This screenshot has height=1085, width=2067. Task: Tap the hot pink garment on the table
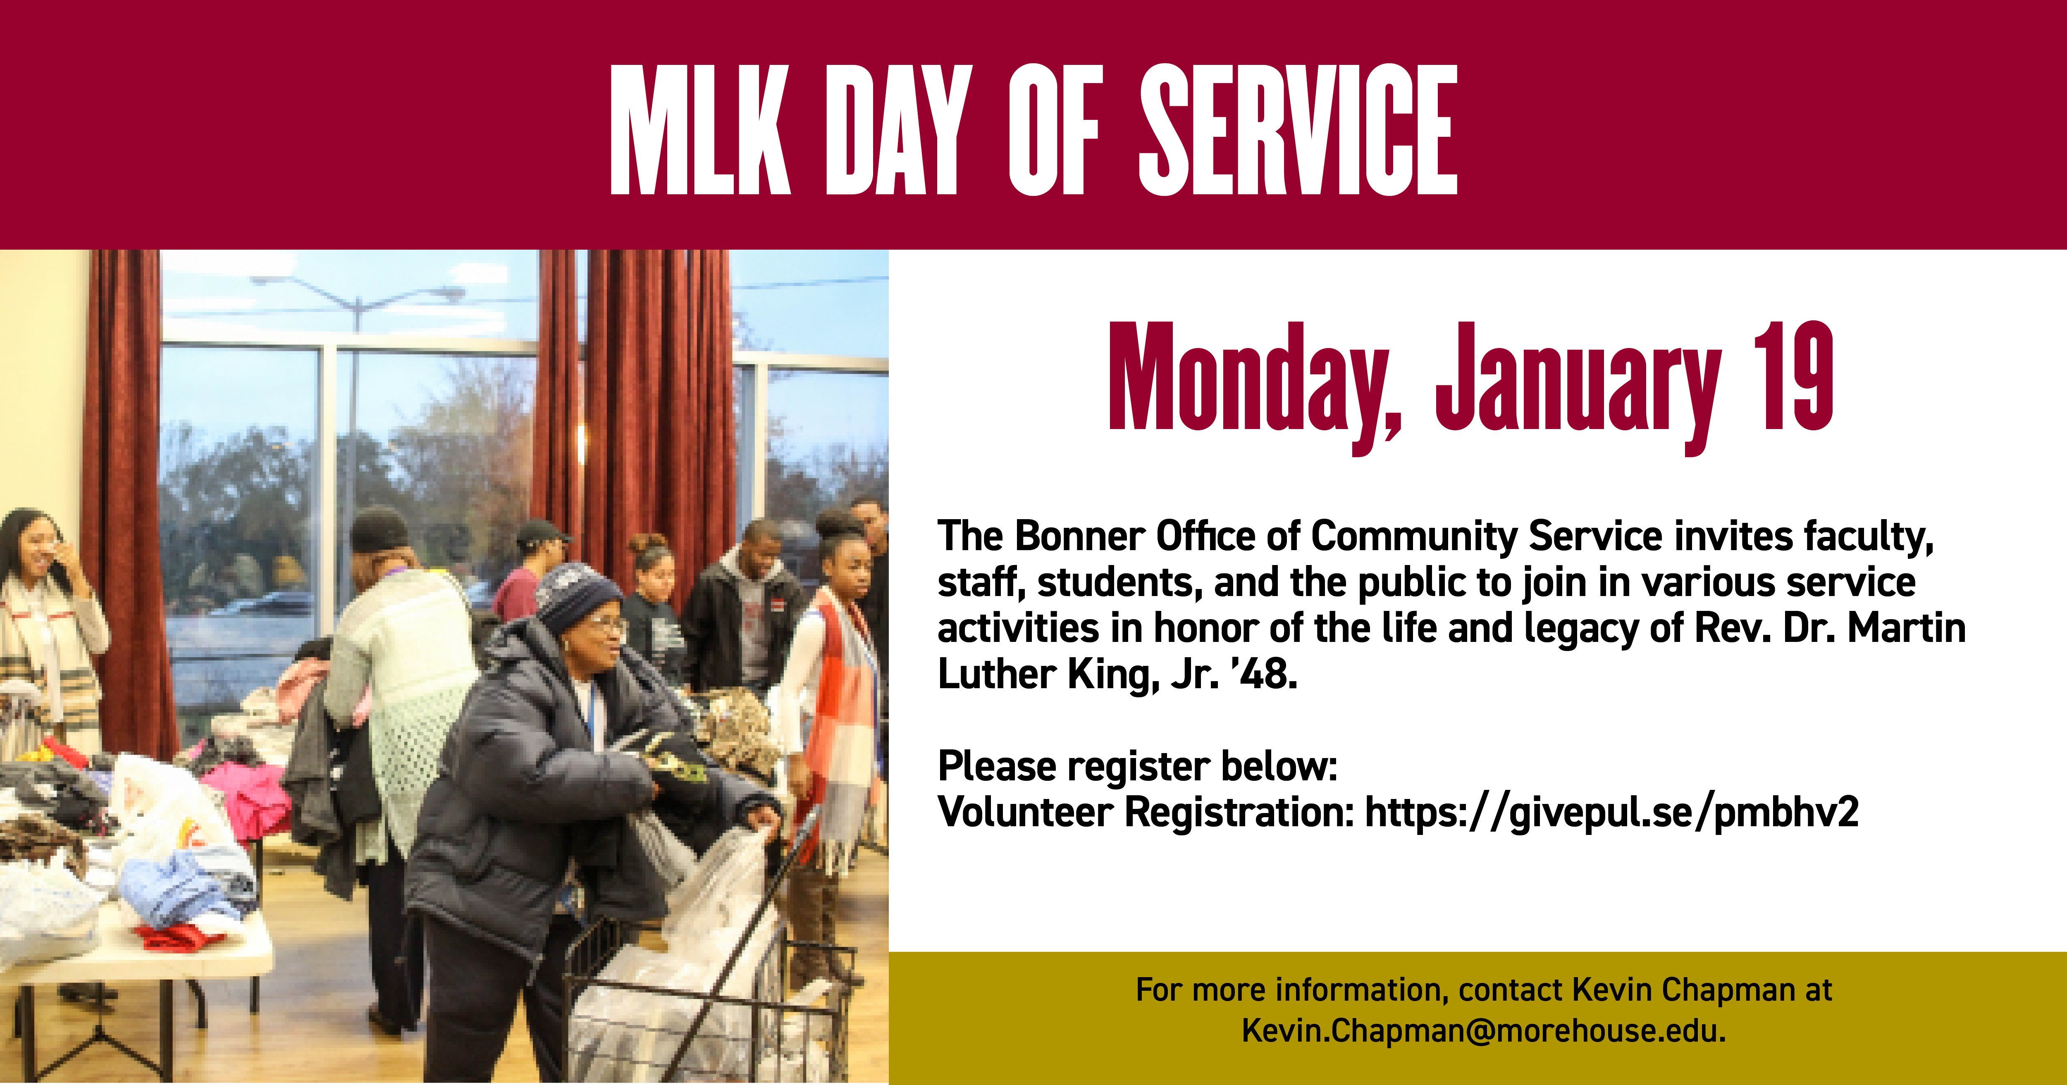tap(245, 790)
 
